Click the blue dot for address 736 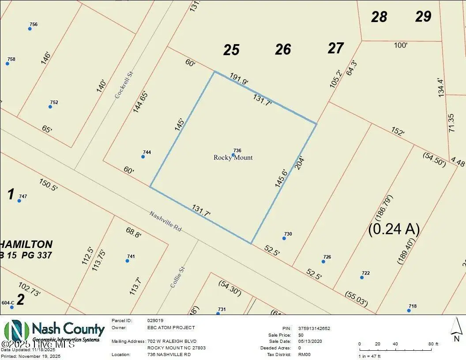click(233, 155)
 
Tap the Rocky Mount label click(233, 157)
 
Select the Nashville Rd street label click(165, 221)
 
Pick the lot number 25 click(231, 50)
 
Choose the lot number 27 click(335, 48)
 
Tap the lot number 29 click(423, 17)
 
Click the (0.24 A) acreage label click(394, 229)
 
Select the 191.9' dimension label click(239, 79)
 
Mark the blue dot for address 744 click(143, 157)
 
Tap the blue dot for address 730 click(284, 238)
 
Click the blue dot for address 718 click(409, 311)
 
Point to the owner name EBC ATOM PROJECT click(171, 328)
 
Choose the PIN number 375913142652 click(314, 328)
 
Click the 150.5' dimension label click(49, 184)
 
